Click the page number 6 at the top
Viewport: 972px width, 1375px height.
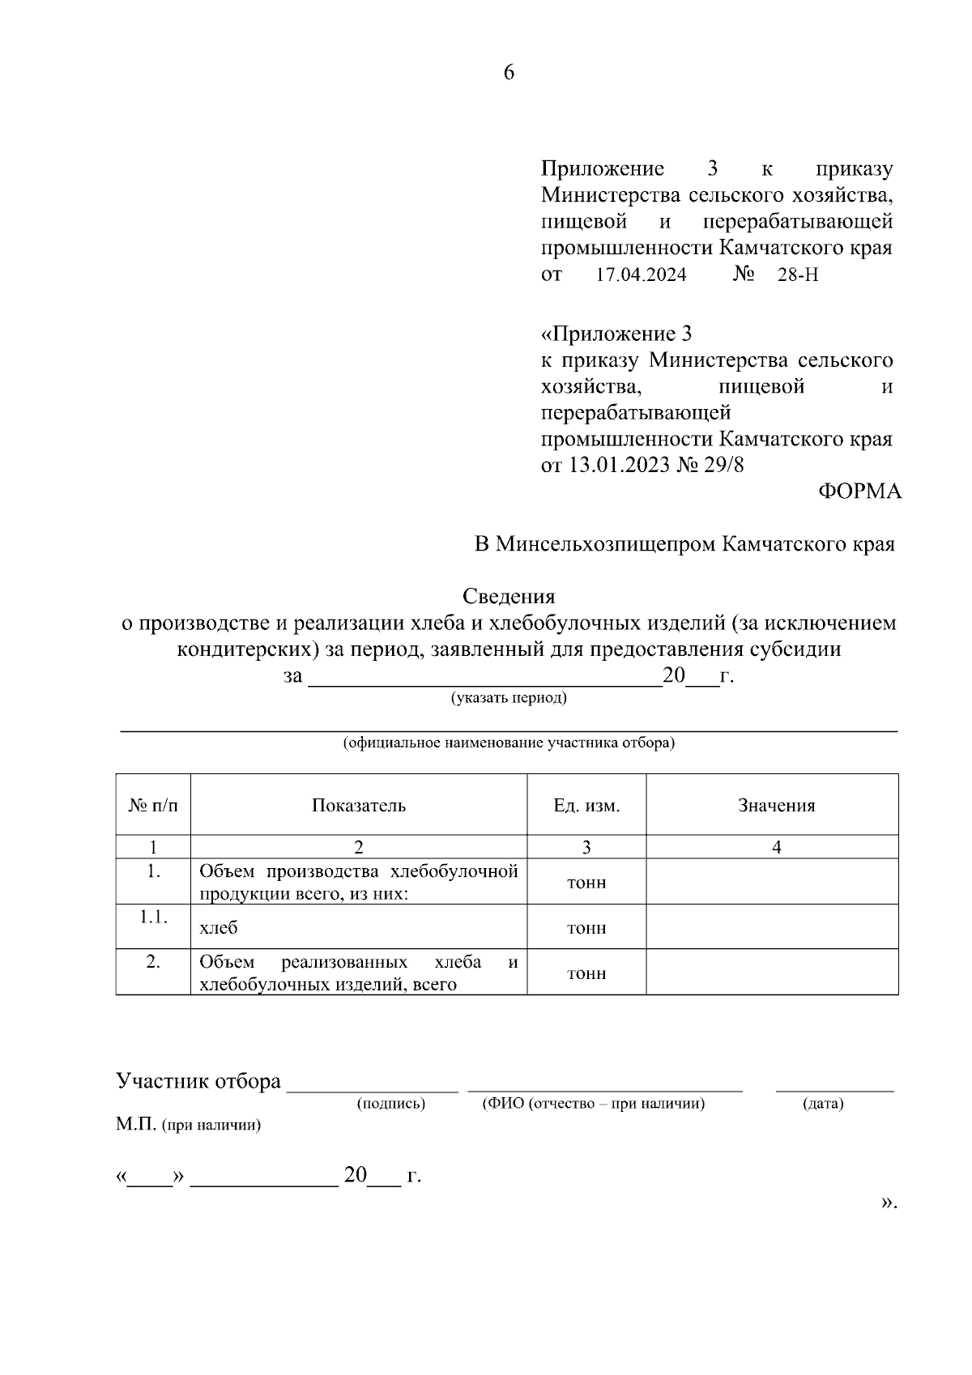click(x=509, y=73)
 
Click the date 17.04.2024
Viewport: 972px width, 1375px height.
click(x=641, y=275)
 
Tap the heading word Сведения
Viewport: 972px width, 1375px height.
click(x=509, y=597)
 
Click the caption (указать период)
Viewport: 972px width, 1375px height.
click(x=509, y=698)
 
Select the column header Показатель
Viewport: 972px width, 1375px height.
click(x=359, y=806)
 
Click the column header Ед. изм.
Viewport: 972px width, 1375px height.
click(x=586, y=806)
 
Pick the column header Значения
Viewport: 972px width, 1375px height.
click(x=776, y=806)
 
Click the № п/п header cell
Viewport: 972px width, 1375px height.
click(x=153, y=806)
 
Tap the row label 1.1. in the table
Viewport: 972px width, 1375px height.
click(x=153, y=917)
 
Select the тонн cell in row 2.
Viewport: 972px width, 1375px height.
click(x=586, y=973)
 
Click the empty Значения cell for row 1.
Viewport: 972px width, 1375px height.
click(x=772, y=882)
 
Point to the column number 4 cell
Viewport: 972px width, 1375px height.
click(x=776, y=848)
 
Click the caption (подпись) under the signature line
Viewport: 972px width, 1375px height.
click(x=391, y=1104)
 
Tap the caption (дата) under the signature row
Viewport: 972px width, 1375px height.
click(x=823, y=1104)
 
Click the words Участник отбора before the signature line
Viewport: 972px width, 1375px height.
click(x=198, y=1082)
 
